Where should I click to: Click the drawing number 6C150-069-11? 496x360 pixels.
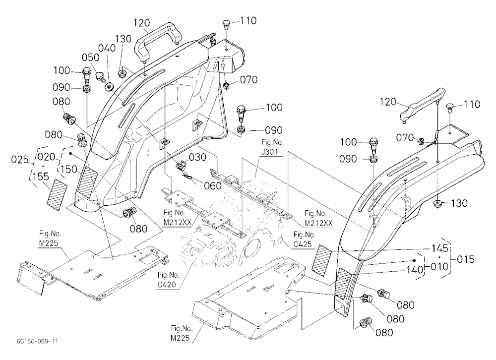37,341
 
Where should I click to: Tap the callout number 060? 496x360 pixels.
213,185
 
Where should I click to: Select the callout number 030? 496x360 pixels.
198,157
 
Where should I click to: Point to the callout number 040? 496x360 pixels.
107,49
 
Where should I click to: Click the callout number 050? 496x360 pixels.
90,58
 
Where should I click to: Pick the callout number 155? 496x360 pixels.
41,176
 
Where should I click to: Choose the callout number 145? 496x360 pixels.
440,248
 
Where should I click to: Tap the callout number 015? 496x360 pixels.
466,259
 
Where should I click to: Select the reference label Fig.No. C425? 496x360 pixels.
305,240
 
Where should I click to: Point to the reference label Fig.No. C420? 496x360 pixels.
168,280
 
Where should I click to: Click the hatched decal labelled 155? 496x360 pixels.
57,194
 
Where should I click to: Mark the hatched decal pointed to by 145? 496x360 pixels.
321,259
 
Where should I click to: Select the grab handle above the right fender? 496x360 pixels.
422,105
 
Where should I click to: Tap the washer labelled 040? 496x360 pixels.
110,86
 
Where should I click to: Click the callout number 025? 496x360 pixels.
20,160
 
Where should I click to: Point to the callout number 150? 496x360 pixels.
69,169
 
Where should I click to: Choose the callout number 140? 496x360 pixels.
415,270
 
